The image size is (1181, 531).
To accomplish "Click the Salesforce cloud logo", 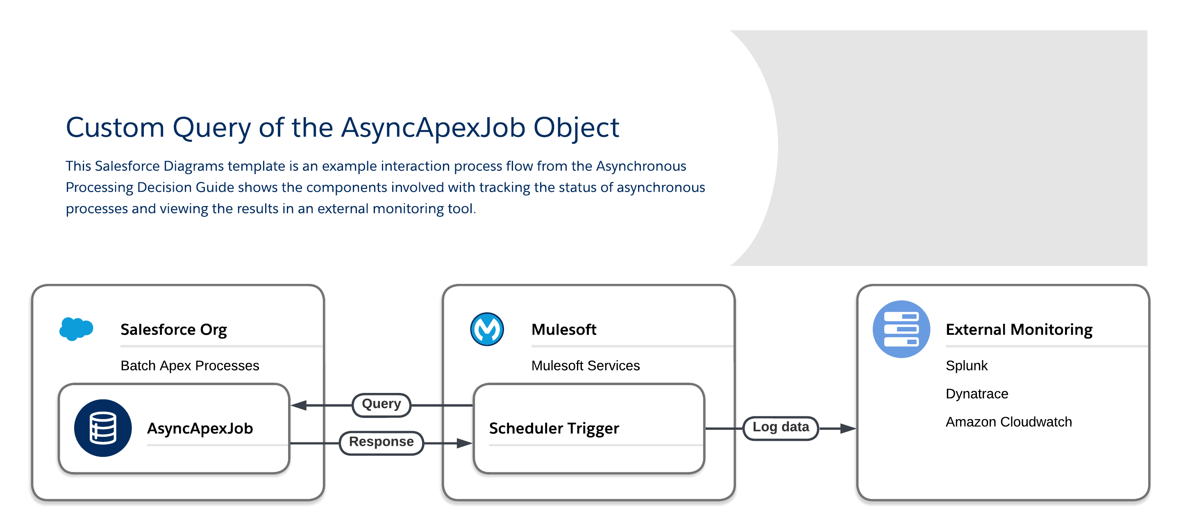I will click(76, 329).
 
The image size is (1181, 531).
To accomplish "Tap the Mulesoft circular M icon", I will click(487, 329).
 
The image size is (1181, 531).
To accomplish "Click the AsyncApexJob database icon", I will click(103, 428).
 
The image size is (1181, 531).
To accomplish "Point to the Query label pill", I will click(382, 404).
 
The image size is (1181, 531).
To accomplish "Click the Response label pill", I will click(382, 442).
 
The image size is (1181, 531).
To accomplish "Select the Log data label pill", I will click(780, 428).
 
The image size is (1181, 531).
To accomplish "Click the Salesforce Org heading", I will click(173, 330).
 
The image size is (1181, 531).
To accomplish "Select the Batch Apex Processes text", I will click(190, 365).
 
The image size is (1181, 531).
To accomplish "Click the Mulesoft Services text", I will click(586, 365).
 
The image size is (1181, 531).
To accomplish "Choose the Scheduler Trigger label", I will click(554, 428).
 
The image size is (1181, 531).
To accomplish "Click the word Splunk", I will click(966, 365).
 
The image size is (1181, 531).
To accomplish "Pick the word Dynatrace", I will click(977, 393).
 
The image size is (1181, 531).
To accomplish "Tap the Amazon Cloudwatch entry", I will click(1008, 422).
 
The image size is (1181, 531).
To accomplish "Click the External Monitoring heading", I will click(1019, 330).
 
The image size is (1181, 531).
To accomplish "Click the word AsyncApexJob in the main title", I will click(433, 127).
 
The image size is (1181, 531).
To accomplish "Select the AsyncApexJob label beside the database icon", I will click(200, 428).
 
